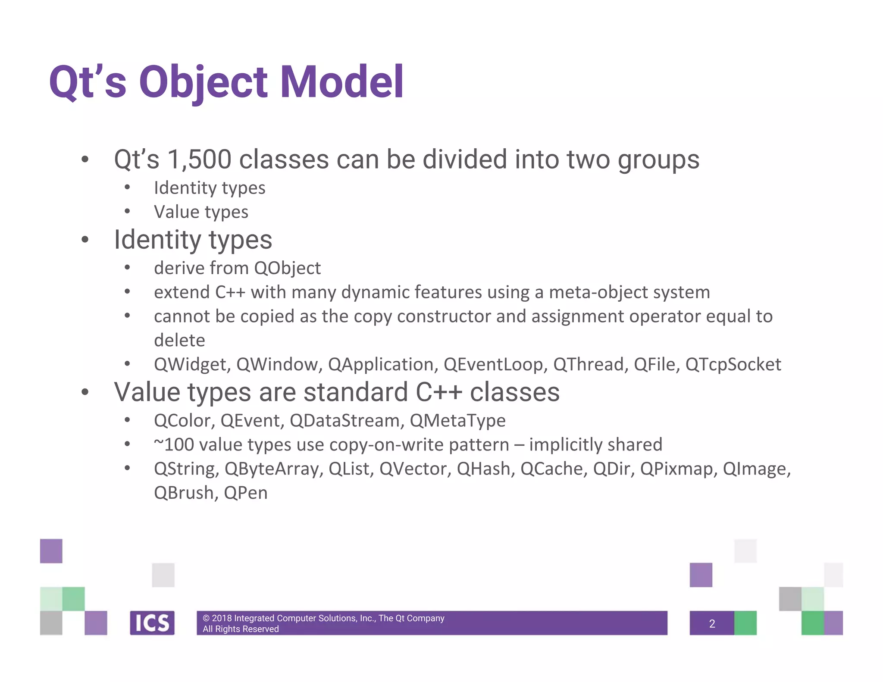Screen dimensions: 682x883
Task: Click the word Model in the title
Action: [341, 82]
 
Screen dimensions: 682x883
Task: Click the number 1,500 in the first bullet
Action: [200, 160]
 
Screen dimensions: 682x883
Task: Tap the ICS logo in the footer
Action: [152, 623]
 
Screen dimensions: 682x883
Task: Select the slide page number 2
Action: [712, 623]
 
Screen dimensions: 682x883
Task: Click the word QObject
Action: [288, 268]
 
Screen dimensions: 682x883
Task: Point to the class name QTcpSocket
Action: [733, 365]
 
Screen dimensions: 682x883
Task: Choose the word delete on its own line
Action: [179, 341]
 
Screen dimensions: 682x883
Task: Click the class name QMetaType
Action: [457, 421]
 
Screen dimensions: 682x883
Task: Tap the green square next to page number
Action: [745, 623]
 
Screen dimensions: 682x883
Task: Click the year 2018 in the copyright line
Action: [222, 618]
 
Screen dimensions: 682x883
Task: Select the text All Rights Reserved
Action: [241, 629]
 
